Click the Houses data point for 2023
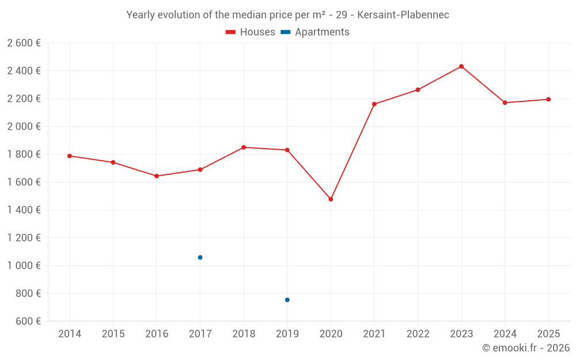pyautogui.click(x=461, y=66)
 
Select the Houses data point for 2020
pyautogui.click(x=331, y=199)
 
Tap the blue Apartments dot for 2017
pyautogui.click(x=200, y=257)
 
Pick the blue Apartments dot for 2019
pyautogui.click(x=287, y=300)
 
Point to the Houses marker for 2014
pyautogui.click(x=70, y=156)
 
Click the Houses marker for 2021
pyautogui.click(x=374, y=104)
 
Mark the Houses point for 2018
pyautogui.click(x=244, y=147)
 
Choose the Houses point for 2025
pyautogui.click(x=548, y=99)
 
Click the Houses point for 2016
pyautogui.click(x=157, y=176)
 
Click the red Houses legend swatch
pyautogui.click(x=231, y=32)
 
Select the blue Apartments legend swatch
pyautogui.click(x=286, y=32)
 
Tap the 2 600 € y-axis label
pyautogui.click(x=24, y=43)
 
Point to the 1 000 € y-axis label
pyautogui.click(x=24, y=265)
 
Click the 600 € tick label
pyautogui.click(x=28, y=321)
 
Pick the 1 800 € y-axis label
pyautogui.click(x=24, y=154)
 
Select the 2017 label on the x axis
pyautogui.click(x=200, y=334)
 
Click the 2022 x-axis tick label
pyautogui.click(x=418, y=334)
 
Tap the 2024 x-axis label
pyautogui.click(x=505, y=334)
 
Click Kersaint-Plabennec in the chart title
pyautogui.click(x=403, y=15)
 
